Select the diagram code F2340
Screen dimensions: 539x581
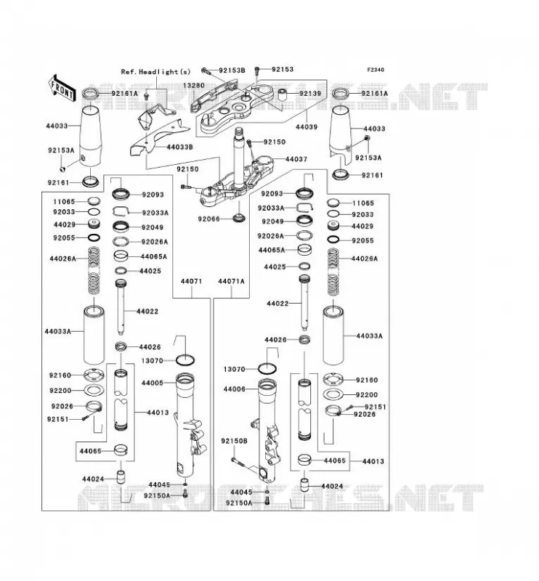coord(376,70)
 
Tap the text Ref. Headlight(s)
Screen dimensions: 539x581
coord(155,72)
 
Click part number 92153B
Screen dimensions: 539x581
coord(232,70)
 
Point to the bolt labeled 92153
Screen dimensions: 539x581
coord(257,69)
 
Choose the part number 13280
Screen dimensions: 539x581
coord(193,85)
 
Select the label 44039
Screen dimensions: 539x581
coord(307,126)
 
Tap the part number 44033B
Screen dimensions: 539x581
coord(180,147)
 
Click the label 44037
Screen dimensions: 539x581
coord(296,159)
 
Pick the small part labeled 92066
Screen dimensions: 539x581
coord(239,217)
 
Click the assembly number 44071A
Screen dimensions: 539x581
coord(231,281)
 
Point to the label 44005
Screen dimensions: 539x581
coord(152,383)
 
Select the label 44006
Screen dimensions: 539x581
coord(235,389)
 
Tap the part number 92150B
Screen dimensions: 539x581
coord(235,442)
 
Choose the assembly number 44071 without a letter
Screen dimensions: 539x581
coord(191,281)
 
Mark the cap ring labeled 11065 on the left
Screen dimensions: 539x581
coord(94,201)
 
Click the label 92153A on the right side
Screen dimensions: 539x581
coord(368,158)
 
